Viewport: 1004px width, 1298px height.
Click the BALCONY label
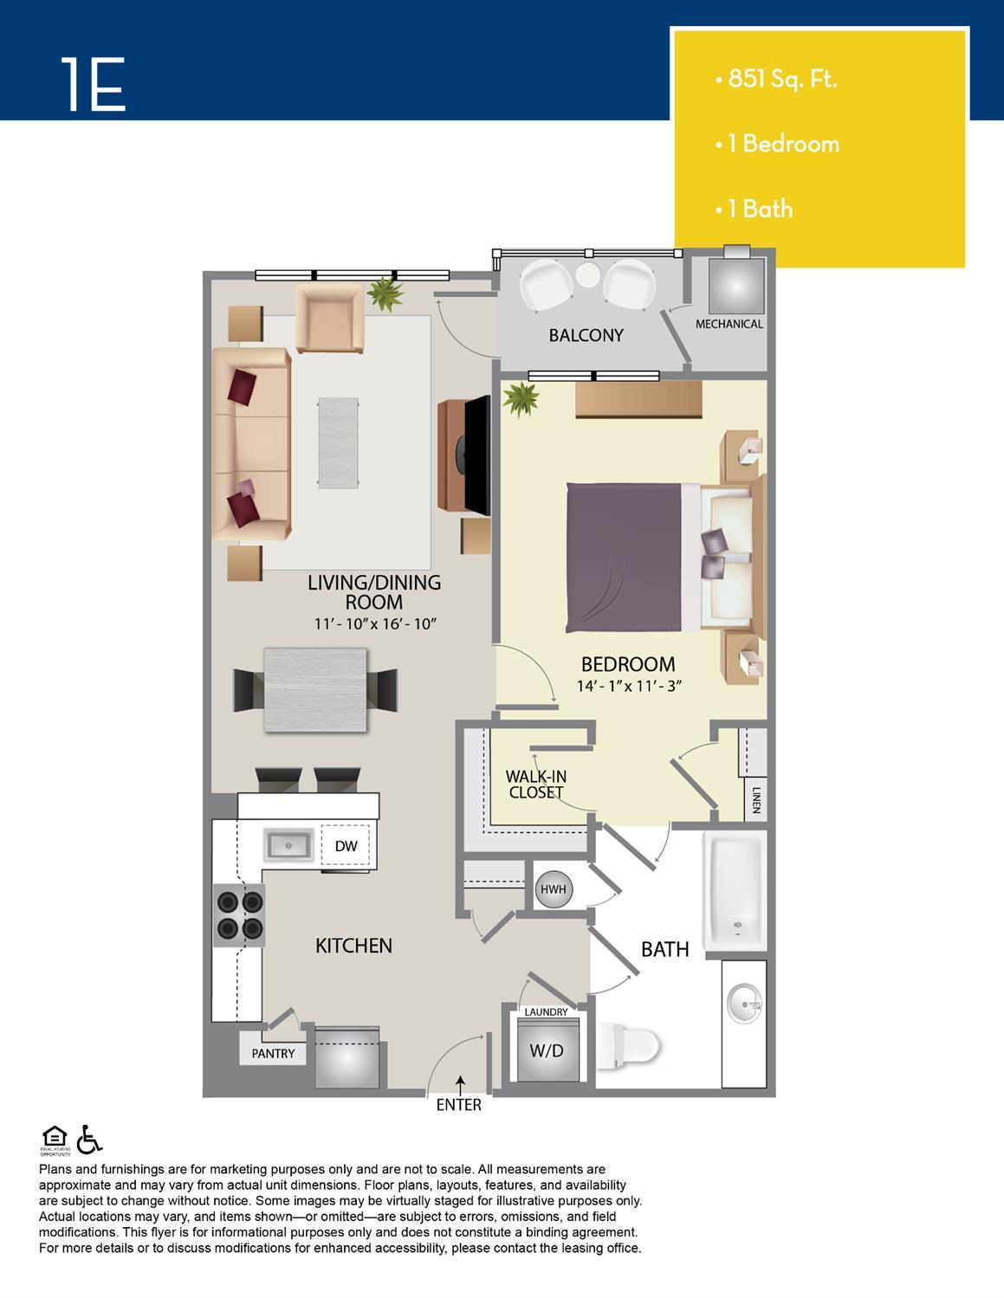pos(586,335)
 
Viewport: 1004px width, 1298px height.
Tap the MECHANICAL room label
pos(729,324)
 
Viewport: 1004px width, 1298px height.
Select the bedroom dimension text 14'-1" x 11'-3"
pos(629,686)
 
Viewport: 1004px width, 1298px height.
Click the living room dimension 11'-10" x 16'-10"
pos(375,623)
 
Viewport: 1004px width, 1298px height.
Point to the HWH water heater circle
pos(554,888)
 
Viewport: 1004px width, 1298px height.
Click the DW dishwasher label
pos(346,846)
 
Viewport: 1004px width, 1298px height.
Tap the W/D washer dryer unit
pos(547,1050)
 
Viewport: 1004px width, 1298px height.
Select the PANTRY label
pos(273,1054)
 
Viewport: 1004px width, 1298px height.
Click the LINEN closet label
pos(756,800)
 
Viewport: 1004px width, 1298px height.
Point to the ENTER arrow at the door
pos(460,1085)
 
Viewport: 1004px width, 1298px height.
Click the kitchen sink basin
pos(288,845)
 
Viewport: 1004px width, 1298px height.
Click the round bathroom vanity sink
pos(744,1004)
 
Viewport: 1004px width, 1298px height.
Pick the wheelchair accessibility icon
pos(89,1139)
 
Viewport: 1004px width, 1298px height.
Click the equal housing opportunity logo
pos(55,1140)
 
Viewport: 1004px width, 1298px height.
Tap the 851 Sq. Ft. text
pos(781,79)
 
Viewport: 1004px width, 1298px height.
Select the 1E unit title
pos(94,84)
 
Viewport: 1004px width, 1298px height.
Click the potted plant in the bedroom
pos(521,398)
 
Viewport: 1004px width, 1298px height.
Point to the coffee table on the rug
pos(338,442)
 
